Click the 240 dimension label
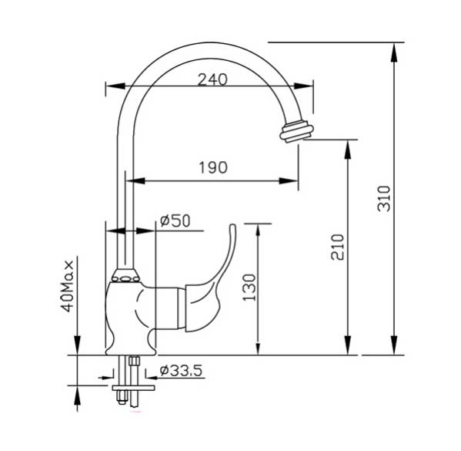tap(212, 79)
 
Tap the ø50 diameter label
tap(175, 221)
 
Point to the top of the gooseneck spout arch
tap(200, 44)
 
